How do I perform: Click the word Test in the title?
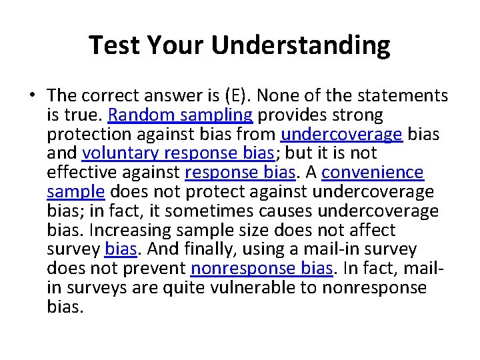pos(114,45)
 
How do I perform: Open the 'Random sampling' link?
pos(180,115)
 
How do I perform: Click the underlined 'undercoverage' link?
pos(341,135)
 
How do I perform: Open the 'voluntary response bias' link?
pos(177,154)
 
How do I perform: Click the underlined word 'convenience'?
pos(372,173)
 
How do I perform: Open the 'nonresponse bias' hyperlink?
pos(261,269)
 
